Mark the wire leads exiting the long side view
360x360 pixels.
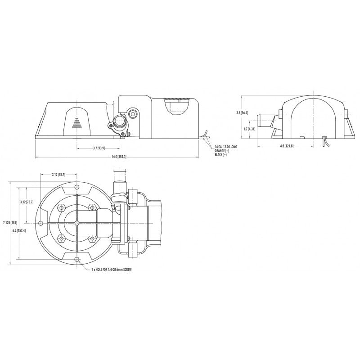click(x=206, y=135)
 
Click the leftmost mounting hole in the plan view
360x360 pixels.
click(x=41, y=224)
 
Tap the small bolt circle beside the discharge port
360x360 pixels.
click(x=133, y=115)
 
